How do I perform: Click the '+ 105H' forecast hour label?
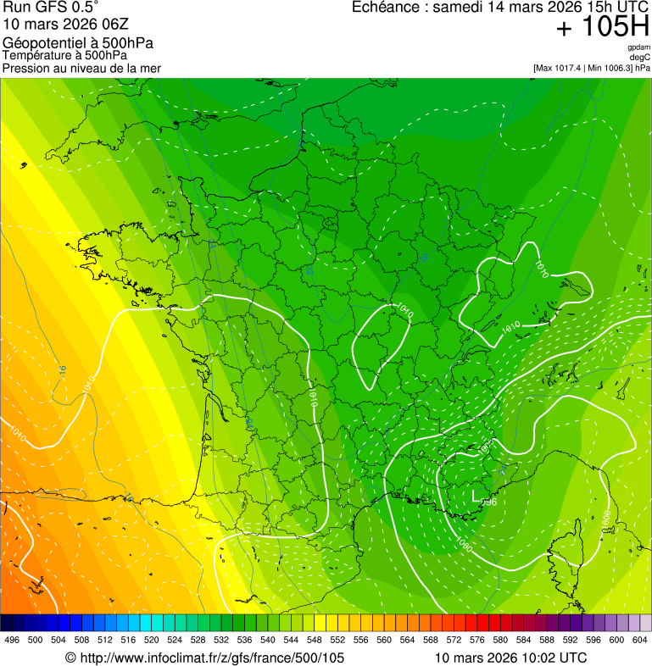(603, 28)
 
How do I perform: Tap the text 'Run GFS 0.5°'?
(51, 8)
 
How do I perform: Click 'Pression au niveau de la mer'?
(81, 68)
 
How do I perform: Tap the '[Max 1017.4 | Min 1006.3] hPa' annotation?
(591, 68)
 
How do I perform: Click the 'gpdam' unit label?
(639, 47)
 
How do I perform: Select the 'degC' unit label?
(641, 58)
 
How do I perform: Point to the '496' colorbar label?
(12, 640)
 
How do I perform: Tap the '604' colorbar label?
(640, 640)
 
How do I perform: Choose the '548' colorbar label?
(314, 640)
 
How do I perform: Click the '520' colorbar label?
(152, 640)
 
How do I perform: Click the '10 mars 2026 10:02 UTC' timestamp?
(510, 658)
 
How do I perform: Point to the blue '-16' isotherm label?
(62, 369)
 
